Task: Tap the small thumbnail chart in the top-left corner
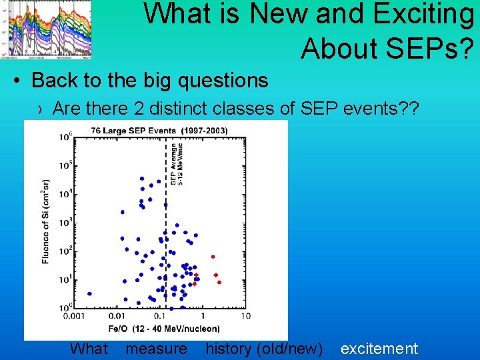pyautogui.click(x=46, y=29)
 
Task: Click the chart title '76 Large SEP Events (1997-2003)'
pyautogui.click(x=159, y=130)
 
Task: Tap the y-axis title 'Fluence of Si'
pyautogui.click(x=45, y=220)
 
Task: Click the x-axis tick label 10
pyautogui.click(x=245, y=316)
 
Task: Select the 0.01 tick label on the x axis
pyautogui.click(x=117, y=316)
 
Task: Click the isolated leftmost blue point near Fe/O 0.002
pyautogui.click(x=89, y=293)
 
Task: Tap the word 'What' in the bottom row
pyautogui.click(x=89, y=349)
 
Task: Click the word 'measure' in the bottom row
pyautogui.click(x=157, y=349)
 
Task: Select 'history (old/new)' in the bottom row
pyautogui.click(x=264, y=349)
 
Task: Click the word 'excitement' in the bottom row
pyautogui.click(x=379, y=349)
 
